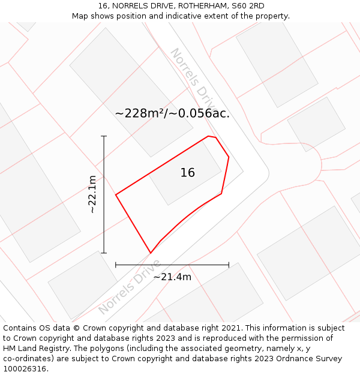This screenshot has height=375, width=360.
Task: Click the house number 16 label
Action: (x=188, y=173)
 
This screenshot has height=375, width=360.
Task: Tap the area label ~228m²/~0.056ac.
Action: (x=172, y=113)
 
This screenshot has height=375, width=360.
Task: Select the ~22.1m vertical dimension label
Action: (x=92, y=194)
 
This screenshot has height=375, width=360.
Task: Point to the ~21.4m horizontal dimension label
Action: (x=172, y=277)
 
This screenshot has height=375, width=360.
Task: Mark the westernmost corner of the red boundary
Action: (x=116, y=194)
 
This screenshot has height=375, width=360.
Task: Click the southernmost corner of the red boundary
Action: (x=150, y=253)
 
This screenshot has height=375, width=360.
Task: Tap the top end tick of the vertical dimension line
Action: (x=104, y=136)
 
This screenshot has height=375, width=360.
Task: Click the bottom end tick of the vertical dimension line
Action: (x=104, y=253)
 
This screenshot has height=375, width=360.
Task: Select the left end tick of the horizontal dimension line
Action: (x=116, y=265)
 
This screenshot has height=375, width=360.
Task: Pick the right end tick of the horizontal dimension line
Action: (x=229, y=265)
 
